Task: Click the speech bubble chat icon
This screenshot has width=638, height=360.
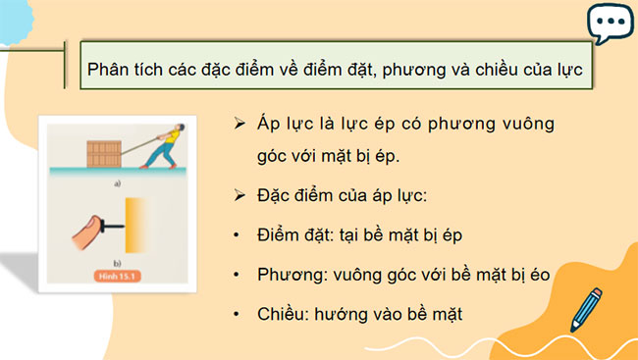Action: tap(609, 24)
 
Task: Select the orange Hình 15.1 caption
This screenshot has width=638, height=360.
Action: tap(119, 277)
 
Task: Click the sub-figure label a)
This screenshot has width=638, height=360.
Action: tap(116, 183)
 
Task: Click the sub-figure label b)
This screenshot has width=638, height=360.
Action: tap(116, 264)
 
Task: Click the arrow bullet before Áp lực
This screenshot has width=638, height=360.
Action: tap(238, 125)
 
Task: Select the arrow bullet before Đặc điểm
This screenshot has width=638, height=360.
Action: tap(238, 196)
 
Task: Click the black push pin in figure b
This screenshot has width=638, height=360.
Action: tap(117, 230)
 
